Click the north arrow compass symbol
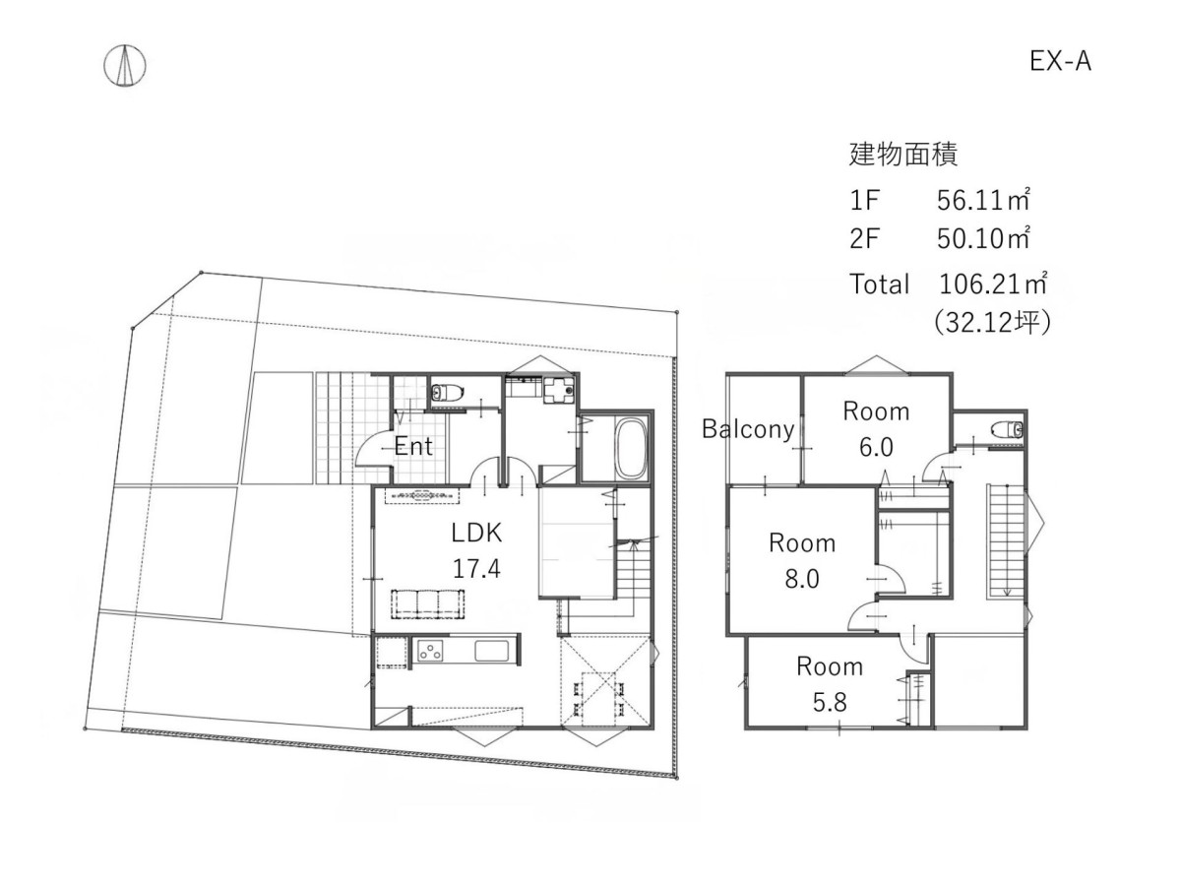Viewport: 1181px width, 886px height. click(x=124, y=66)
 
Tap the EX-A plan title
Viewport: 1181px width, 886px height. click(x=1060, y=61)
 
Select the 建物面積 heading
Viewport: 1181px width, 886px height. click(x=902, y=155)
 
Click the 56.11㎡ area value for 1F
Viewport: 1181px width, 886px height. click(x=983, y=201)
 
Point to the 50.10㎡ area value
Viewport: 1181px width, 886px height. click(x=983, y=238)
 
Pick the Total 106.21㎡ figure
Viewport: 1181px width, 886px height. click(x=993, y=285)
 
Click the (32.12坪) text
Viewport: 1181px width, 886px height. click(x=993, y=323)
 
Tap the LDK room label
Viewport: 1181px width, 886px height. click(x=476, y=534)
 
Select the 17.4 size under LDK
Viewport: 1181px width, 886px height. click(x=476, y=569)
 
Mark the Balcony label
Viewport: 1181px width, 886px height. click(x=748, y=429)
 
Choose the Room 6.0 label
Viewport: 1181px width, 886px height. click(x=876, y=429)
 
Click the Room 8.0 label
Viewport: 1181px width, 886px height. click(x=802, y=561)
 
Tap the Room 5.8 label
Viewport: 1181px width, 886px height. click(x=830, y=685)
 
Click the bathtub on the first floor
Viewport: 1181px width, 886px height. click(x=630, y=449)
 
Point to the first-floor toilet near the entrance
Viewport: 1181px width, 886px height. click(x=446, y=392)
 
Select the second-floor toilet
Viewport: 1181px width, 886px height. click(x=1006, y=430)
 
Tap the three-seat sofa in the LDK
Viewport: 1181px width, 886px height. click(x=428, y=604)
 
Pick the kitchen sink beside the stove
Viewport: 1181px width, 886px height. click(x=491, y=651)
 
